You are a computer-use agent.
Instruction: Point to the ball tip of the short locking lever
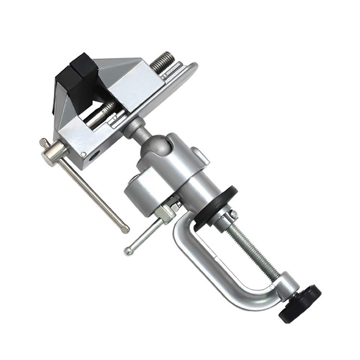point(128,251)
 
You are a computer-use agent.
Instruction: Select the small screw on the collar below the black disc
point(234,215)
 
